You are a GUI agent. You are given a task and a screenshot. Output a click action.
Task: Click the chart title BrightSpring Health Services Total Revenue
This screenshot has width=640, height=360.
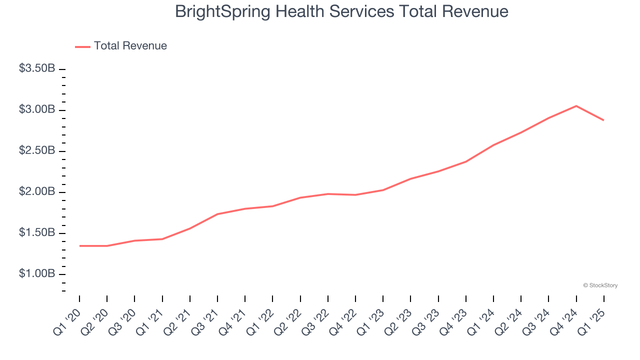[341, 11]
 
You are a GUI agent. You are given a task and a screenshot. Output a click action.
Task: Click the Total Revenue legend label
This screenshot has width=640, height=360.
[130, 46]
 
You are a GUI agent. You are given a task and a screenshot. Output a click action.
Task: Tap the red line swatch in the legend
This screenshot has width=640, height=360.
[82, 46]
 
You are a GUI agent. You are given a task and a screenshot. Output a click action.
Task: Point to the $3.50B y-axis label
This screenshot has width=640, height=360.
[37, 68]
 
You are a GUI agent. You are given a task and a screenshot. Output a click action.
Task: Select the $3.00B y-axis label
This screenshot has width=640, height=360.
[37, 109]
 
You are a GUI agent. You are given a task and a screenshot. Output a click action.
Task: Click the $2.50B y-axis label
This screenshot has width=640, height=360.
[37, 150]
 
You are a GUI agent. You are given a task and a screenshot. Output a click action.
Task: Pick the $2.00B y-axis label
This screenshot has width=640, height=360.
[37, 191]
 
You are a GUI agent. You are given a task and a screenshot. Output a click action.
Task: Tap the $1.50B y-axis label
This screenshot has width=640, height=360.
[37, 232]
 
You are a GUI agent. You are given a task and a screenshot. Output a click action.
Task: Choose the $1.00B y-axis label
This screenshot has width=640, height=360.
[37, 273]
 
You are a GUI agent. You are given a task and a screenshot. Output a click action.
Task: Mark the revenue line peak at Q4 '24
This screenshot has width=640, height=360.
[576, 106]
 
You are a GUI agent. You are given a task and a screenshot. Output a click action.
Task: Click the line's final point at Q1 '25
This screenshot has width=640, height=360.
[603, 120]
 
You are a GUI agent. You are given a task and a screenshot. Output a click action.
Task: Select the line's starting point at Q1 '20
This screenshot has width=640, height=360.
[79, 246]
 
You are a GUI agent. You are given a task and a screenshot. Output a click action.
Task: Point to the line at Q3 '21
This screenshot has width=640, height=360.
[217, 214]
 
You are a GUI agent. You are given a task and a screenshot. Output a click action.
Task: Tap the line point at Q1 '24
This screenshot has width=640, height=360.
[493, 145]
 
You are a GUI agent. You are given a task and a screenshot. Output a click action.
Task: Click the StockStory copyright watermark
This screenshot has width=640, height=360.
[600, 285]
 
